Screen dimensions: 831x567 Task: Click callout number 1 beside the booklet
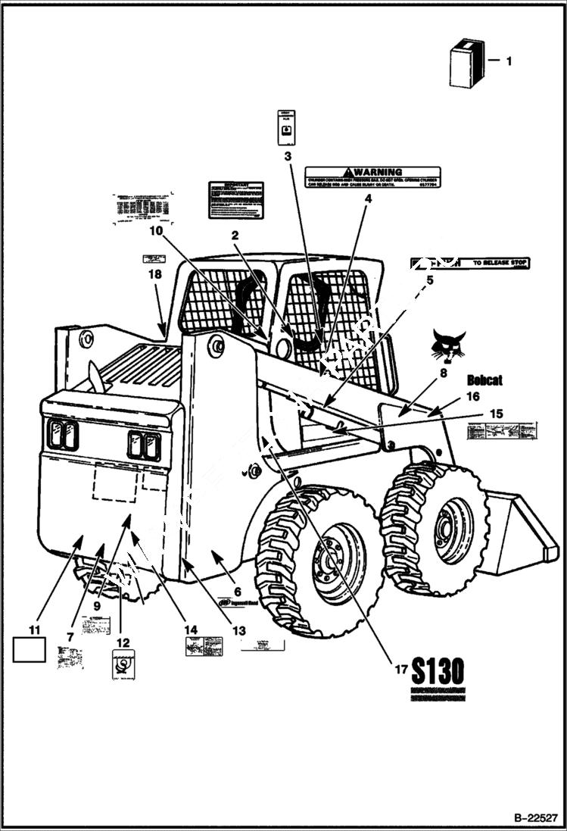[508, 61]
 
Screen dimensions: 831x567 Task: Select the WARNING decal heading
[372, 172]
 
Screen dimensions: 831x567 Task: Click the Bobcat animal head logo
[448, 345]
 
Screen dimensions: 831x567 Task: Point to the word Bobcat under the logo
[484, 380]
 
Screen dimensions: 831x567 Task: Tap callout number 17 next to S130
[400, 669]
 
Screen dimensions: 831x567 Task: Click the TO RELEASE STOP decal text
[500, 264]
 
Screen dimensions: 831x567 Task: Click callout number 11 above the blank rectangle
[34, 629]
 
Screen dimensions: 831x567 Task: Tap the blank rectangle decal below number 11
[30, 650]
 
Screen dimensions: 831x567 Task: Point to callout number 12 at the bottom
[122, 642]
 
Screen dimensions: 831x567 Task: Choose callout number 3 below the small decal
[287, 157]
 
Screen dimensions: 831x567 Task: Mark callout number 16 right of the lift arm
[472, 396]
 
